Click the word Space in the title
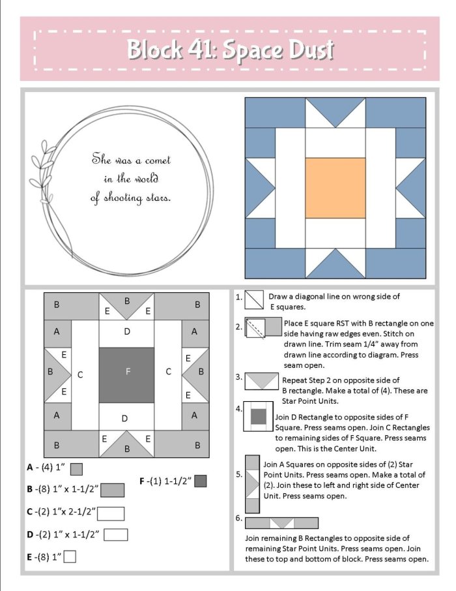pyautogui.click(x=251, y=50)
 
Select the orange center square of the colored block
pyautogui.click(x=335, y=188)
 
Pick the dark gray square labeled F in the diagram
pyautogui.click(x=127, y=372)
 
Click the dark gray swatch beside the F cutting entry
pyautogui.click(x=200, y=481)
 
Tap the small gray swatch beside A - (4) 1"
pyautogui.click(x=76, y=468)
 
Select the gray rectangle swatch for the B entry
pyautogui.click(x=113, y=489)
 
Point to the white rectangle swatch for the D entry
pyautogui.click(x=115, y=535)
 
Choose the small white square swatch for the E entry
pyautogui.click(x=70, y=556)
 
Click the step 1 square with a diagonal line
pyautogui.click(x=253, y=299)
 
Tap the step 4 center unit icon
pyautogui.click(x=258, y=417)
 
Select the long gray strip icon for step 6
pyautogui.click(x=281, y=523)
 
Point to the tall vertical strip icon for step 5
pyautogui.click(x=251, y=483)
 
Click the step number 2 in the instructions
pyautogui.click(x=239, y=326)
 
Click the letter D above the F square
pyautogui.click(x=127, y=332)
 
